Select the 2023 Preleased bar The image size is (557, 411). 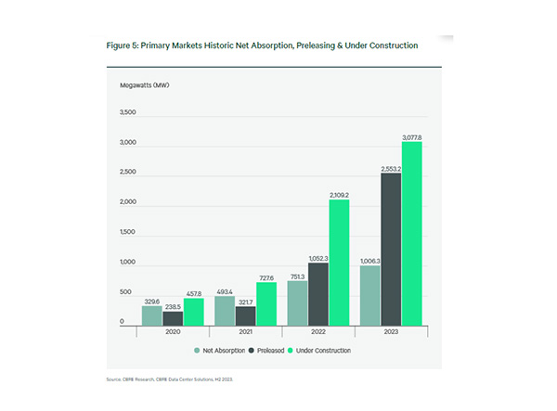(x=390, y=250)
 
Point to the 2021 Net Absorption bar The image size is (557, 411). (x=225, y=310)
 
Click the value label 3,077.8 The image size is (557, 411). (x=412, y=136)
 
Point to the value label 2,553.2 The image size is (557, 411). (x=391, y=168)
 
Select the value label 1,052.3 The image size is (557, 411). (x=318, y=257)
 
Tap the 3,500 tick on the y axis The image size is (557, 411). (x=127, y=113)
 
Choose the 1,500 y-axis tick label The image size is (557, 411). (x=127, y=233)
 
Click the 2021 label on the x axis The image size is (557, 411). (x=245, y=332)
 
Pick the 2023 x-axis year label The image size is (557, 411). (x=391, y=332)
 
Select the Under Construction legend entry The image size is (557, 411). (x=319, y=352)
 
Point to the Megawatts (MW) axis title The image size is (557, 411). (x=144, y=85)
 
